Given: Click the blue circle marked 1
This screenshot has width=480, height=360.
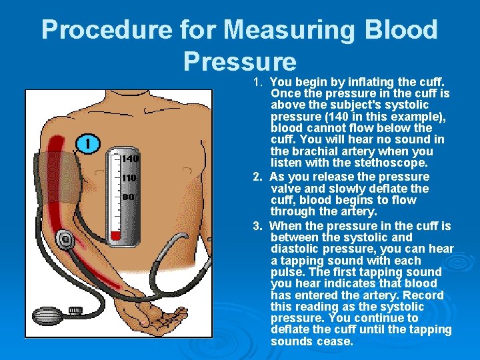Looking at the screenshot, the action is tap(88, 143).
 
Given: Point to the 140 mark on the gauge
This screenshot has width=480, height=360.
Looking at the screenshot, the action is tap(131, 158).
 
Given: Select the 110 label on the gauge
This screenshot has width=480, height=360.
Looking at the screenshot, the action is tap(129, 177).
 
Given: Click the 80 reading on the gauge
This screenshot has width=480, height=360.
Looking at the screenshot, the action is tap(128, 197).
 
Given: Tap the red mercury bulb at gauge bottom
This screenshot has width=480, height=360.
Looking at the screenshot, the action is tap(116, 236).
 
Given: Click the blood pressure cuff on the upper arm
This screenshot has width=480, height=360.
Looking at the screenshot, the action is tap(57, 177).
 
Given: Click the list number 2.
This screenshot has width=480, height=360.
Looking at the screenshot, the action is tap(257, 177).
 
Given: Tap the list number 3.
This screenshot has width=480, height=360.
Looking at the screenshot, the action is tap(257, 226).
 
